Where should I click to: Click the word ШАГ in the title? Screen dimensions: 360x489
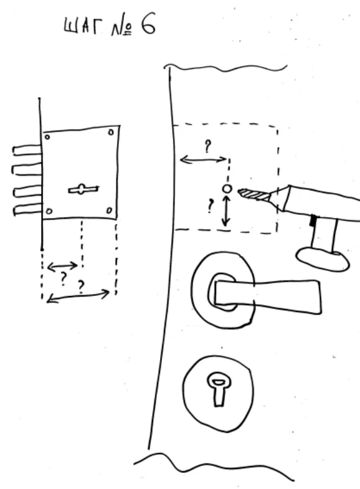tap(82, 26)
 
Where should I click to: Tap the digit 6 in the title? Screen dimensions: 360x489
tap(148, 24)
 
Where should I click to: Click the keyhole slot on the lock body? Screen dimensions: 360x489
tap(84, 189)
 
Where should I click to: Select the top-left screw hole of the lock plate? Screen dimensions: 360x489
tap(47, 137)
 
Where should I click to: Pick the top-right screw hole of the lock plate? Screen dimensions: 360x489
tap(111, 133)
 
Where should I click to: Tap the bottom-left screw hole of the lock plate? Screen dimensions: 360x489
tap(49, 212)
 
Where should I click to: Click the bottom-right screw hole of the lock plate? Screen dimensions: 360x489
tap(109, 210)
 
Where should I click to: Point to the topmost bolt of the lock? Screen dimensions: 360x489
tap(27, 151)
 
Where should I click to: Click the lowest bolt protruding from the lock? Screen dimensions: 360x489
tap(27, 210)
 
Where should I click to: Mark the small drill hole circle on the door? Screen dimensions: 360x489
tap(227, 189)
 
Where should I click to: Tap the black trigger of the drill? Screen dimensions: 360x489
tap(312, 221)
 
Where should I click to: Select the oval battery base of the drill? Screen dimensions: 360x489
tap(323, 259)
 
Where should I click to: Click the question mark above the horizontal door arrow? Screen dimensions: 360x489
tap(208, 146)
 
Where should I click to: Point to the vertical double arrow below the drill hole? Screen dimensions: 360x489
tap(226, 211)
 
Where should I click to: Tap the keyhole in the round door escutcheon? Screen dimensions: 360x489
tap(219, 389)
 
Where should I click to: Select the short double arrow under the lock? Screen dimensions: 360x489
tap(62, 266)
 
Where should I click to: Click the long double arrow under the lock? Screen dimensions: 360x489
tap(78, 296)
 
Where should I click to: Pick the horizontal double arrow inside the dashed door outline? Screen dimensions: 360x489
tap(204, 160)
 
